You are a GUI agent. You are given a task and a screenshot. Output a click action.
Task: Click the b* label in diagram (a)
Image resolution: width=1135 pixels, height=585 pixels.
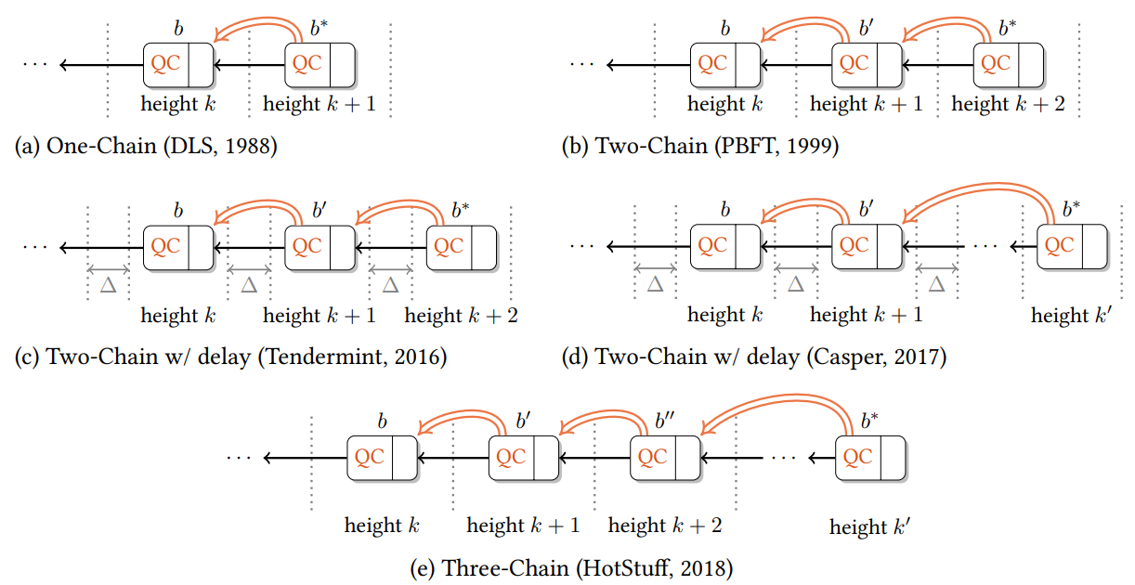point(319,28)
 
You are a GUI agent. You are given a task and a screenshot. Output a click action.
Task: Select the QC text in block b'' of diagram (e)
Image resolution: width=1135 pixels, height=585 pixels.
point(652,457)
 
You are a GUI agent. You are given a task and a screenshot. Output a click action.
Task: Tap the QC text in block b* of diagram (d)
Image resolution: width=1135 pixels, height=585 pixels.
point(1058,246)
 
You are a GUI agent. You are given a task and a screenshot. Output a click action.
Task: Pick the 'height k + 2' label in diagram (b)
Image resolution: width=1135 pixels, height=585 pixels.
point(1008,105)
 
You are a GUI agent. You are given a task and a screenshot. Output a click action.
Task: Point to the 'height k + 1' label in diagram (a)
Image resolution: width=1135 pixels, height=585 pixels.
point(320,105)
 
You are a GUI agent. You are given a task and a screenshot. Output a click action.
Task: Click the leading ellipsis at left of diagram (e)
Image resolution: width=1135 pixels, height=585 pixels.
point(240,458)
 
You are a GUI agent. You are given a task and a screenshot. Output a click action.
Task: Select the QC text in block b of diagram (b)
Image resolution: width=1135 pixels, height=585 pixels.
point(712,63)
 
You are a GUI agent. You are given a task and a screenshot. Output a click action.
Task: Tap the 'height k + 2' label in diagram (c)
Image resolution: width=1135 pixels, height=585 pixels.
point(462,316)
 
